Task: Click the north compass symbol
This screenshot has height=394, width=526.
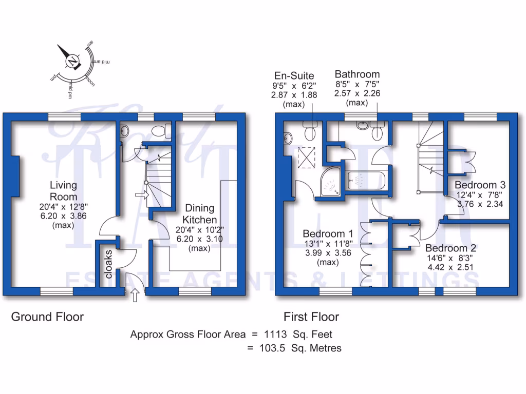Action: point(72,61)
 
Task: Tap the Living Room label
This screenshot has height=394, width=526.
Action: point(63,191)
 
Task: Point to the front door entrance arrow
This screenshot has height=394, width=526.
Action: point(135,295)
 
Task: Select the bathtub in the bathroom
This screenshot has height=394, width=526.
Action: point(366,181)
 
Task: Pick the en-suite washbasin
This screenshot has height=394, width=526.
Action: point(287,137)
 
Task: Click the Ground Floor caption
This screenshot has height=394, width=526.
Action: point(47,317)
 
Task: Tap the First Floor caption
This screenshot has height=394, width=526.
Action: point(311,317)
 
